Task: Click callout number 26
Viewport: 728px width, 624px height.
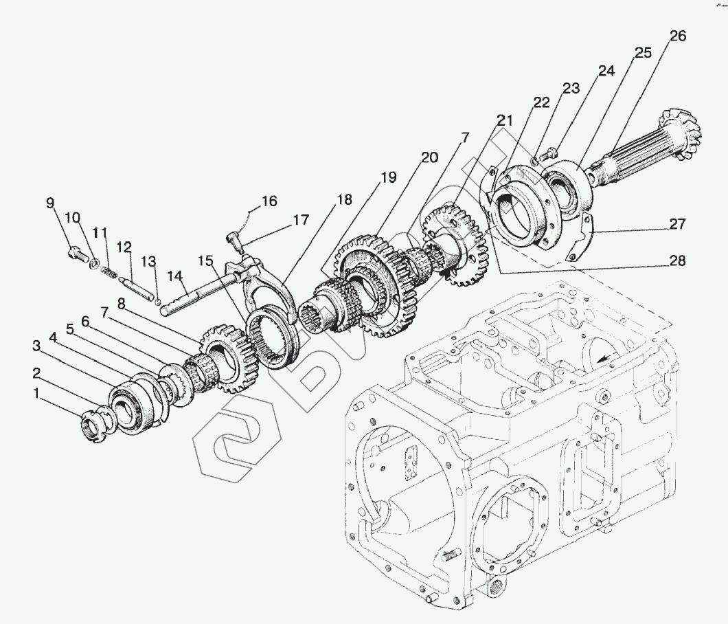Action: (x=677, y=37)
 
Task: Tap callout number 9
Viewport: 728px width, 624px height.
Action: (x=50, y=203)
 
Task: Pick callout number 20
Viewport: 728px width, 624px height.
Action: (x=429, y=157)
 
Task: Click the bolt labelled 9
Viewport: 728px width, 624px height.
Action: (x=76, y=255)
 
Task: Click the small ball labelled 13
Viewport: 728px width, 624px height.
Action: (x=159, y=300)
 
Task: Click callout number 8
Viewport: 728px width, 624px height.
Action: (x=121, y=303)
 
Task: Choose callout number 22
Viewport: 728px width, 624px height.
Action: (x=541, y=102)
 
